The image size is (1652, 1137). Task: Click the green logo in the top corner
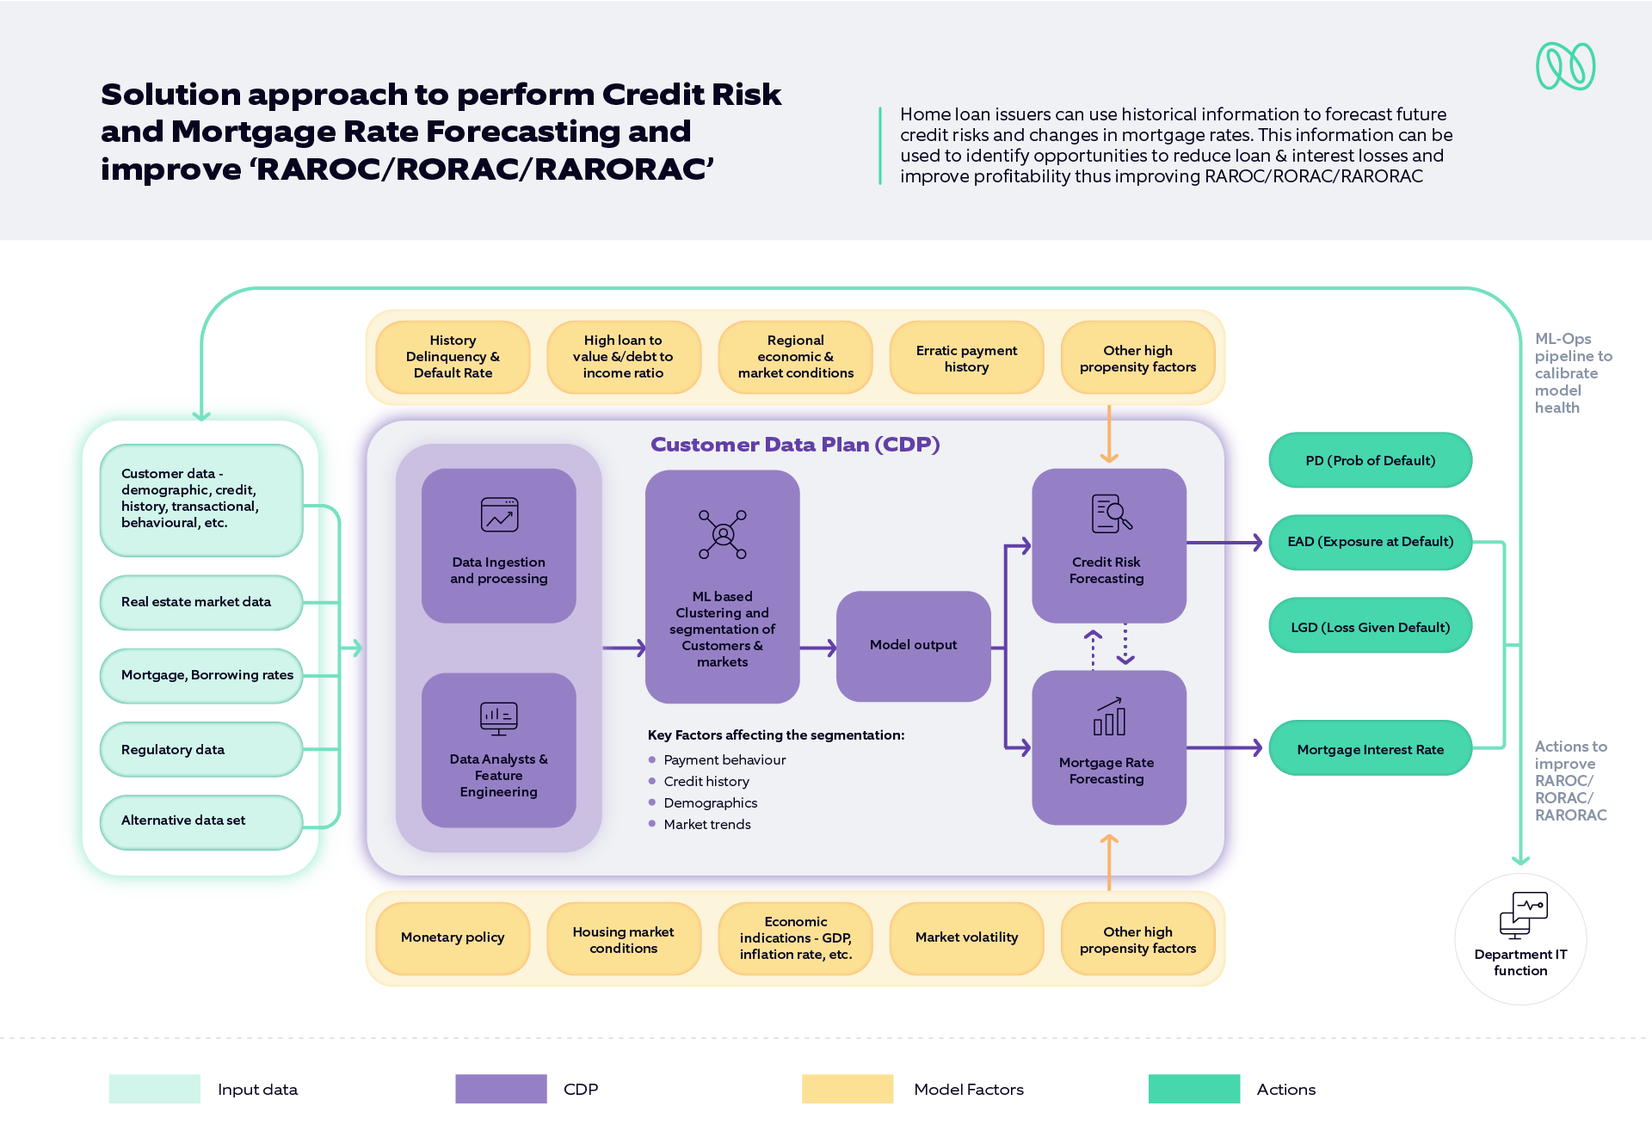click(1565, 66)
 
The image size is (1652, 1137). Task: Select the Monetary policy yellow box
click(453, 937)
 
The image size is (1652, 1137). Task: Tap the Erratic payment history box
click(966, 358)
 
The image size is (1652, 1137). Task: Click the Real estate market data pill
click(200, 602)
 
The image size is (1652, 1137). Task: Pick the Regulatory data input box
click(200, 749)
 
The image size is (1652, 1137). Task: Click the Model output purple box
click(913, 645)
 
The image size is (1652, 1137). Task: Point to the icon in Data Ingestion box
click(499, 514)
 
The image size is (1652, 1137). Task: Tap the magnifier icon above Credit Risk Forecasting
click(1111, 513)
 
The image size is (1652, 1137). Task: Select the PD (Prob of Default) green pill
click(1370, 460)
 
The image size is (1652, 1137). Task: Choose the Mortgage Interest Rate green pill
click(1370, 749)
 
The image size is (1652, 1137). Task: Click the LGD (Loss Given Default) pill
click(1370, 627)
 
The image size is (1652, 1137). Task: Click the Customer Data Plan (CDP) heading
click(794, 445)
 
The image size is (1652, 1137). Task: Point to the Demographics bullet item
click(710, 802)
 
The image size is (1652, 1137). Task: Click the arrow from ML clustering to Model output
click(817, 648)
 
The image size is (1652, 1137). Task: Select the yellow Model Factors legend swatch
click(848, 1089)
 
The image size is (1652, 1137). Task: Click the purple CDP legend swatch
click(501, 1089)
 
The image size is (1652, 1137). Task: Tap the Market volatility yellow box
click(966, 937)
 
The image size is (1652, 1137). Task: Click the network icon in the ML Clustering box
click(723, 534)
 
